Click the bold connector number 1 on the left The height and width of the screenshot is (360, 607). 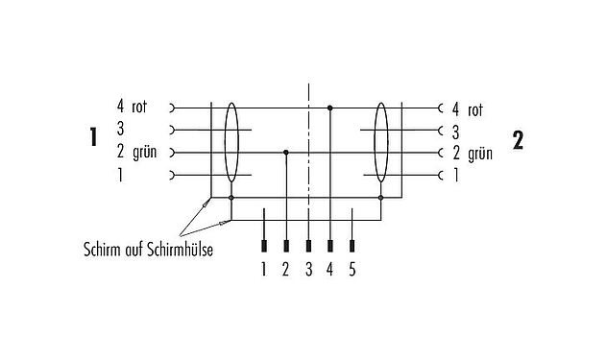tap(92, 138)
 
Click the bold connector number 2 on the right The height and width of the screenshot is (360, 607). tap(518, 140)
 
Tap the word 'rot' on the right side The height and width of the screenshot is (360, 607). tap(473, 108)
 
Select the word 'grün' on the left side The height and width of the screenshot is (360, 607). tap(144, 153)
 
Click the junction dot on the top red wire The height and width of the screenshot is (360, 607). tap(330, 108)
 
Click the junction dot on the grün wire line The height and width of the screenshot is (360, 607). tap(285, 152)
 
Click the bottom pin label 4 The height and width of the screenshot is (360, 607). tap(331, 270)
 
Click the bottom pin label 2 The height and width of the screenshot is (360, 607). tap(285, 270)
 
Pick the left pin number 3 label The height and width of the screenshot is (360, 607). tap(120, 130)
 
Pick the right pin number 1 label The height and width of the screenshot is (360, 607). tap(454, 175)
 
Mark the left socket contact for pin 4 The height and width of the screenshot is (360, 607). tap(173, 108)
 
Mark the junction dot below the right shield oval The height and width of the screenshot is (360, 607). tap(381, 198)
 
